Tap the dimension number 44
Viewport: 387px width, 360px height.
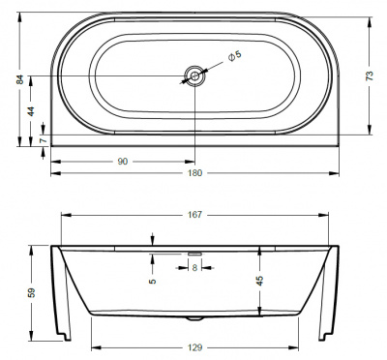(x=31, y=110)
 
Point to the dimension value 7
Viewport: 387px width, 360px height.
(x=31, y=141)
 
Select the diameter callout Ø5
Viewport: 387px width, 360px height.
(x=234, y=57)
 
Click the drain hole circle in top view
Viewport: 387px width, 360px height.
(x=195, y=76)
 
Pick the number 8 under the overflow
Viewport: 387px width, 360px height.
(x=195, y=266)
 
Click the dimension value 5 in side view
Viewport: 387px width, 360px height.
(x=152, y=282)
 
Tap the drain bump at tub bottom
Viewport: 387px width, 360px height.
(x=196, y=317)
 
